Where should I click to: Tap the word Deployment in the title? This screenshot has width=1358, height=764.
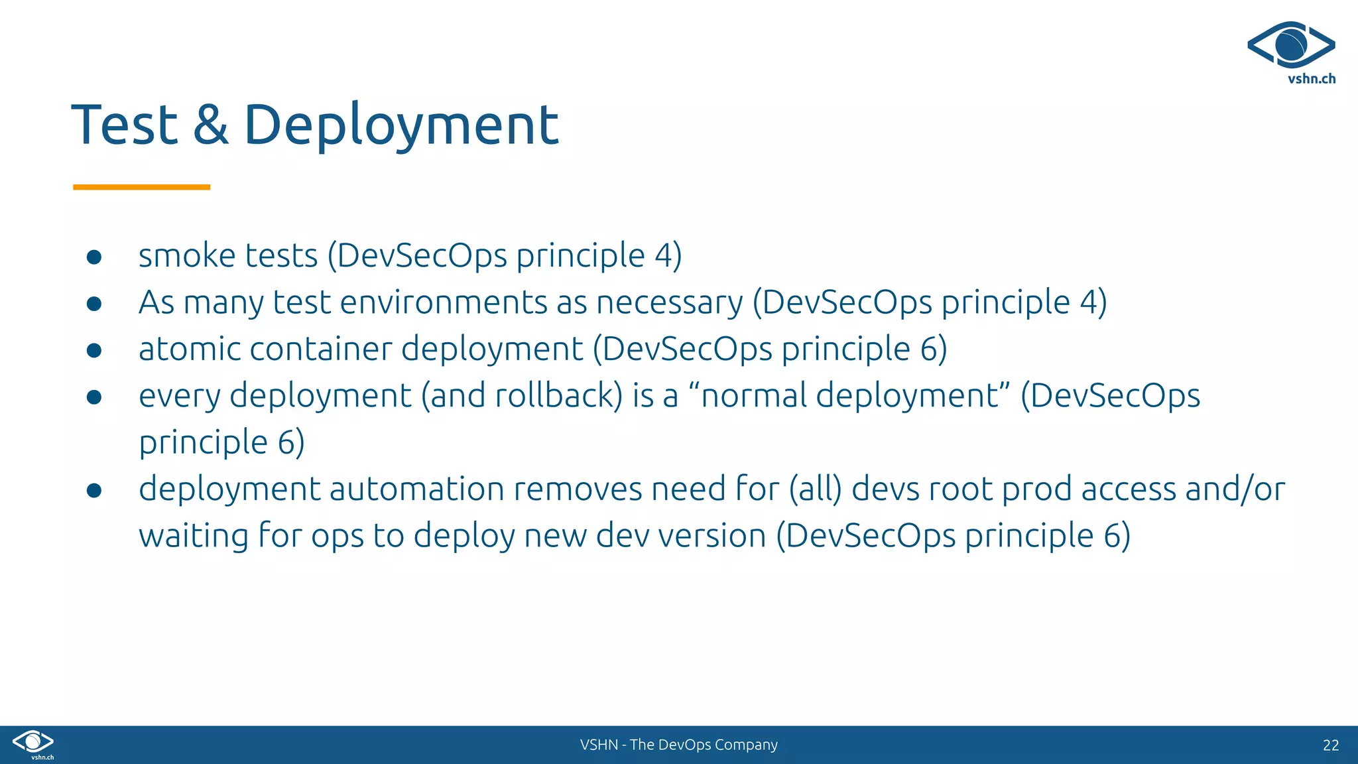[x=401, y=126]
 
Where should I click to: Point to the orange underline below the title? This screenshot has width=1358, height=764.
[x=141, y=188]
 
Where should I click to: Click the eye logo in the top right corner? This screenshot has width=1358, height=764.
[x=1290, y=45]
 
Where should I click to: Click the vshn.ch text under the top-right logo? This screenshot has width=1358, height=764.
[x=1311, y=79]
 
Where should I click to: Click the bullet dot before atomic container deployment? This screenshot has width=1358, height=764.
[x=94, y=350]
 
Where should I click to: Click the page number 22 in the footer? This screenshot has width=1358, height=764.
[x=1330, y=745]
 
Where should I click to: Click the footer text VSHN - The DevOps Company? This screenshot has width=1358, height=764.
[x=678, y=745]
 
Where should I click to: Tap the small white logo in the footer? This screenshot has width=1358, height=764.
[x=33, y=743]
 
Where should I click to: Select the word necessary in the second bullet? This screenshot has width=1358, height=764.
[x=670, y=303]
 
